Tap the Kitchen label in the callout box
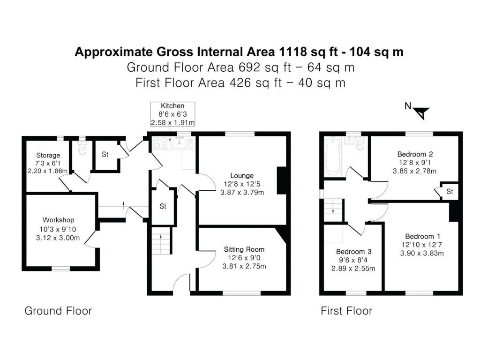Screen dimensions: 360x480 tap(172, 106)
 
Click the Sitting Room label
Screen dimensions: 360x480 tap(244, 249)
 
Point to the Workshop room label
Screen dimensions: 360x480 tap(58, 220)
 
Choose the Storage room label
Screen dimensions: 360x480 tap(48, 155)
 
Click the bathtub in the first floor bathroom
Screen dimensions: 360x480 tap(332, 156)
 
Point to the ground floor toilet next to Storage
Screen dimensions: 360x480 tap(82, 149)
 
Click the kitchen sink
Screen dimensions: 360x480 tap(180, 143)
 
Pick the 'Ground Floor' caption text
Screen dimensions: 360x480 tap(58, 311)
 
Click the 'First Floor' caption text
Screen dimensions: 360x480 tap(346, 311)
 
